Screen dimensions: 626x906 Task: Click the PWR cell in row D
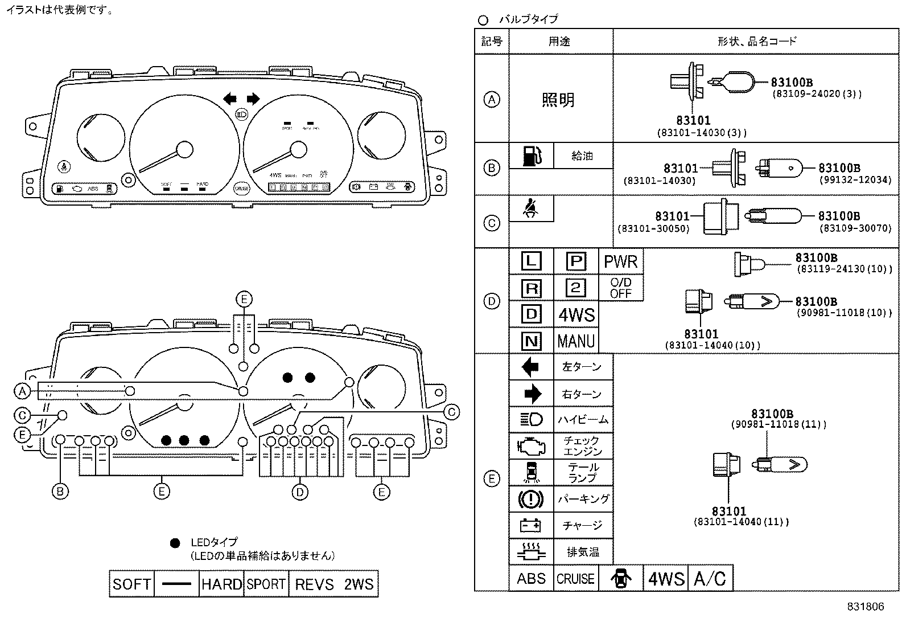[620, 261]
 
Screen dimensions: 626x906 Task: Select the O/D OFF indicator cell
[620, 288]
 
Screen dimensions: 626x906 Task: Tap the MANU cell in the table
[576, 341]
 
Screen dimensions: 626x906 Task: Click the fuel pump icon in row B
[530, 156]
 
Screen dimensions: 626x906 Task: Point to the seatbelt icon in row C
[530, 209]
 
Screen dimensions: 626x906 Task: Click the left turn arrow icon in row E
[530, 367]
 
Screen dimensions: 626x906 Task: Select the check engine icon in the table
[530, 445]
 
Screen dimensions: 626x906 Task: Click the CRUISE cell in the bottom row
[575, 579]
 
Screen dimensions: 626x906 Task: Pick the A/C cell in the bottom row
[710, 579]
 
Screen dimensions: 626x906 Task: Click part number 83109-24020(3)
[817, 94]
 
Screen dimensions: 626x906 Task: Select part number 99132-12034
[855, 180]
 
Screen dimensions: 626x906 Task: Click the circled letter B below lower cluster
[60, 491]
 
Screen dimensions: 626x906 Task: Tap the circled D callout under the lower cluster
[300, 492]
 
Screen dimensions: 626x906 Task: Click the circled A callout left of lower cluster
[22, 391]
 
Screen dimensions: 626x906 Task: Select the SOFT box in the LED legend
[131, 584]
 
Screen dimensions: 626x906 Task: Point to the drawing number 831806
[865, 607]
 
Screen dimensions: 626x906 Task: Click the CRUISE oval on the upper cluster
[242, 188]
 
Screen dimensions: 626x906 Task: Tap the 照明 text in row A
[558, 100]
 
